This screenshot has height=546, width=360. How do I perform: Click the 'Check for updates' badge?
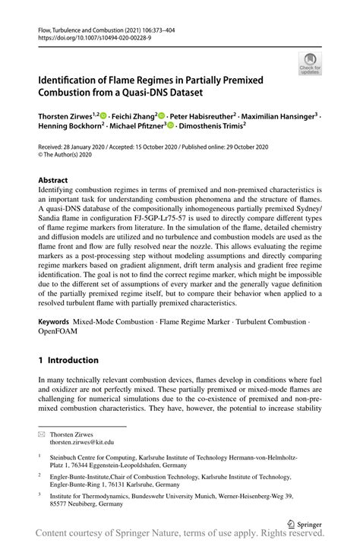[309, 63]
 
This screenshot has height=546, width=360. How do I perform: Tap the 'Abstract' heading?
[55, 179]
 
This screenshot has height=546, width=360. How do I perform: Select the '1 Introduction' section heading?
[68, 360]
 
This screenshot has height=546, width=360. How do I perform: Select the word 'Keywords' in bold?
[58, 322]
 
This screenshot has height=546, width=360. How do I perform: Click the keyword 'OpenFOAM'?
[60, 333]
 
